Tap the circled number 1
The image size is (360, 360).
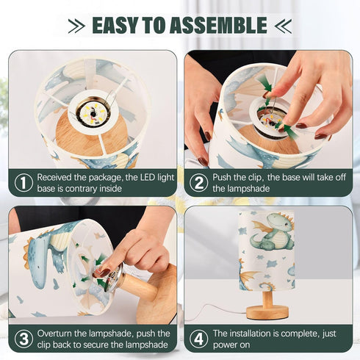pyautogui.click(x=24, y=183)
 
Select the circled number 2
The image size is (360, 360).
pyautogui.click(x=198, y=183)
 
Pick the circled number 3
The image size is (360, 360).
pyautogui.click(x=24, y=339)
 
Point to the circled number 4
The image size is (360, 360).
pyautogui.click(x=198, y=339)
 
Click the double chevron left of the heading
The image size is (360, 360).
pyautogui.click(x=76, y=26)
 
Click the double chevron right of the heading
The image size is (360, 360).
pyautogui.click(x=283, y=26)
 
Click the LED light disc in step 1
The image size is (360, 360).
pyautogui.click(x=93, y=113)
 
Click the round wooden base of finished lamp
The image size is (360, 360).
pyautogui.click(x=267, y=312)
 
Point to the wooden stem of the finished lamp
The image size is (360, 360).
pyautogui.click(x=267, y=298)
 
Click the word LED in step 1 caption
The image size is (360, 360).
pyautogui.click(x=148, y=177)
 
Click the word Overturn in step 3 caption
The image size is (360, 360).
pyautogui.click(x=54, y=334)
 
